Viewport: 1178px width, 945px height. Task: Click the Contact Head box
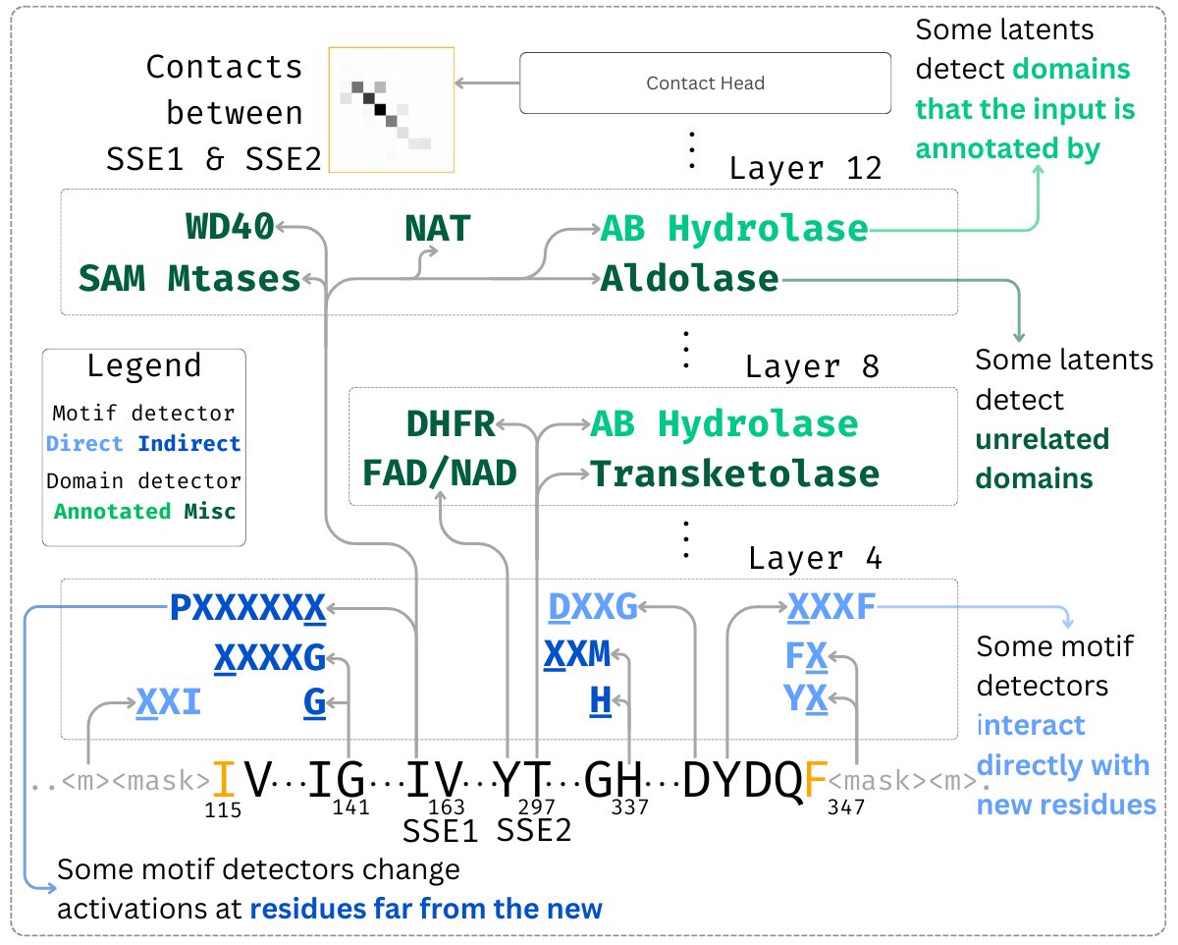tap(704, 83)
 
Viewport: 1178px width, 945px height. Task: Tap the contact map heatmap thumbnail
tap(392, 109)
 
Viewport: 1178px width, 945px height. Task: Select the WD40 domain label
tap(230, 229)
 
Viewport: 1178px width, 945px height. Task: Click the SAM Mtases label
tap(189, 279)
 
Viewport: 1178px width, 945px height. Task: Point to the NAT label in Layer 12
tap(438, 229)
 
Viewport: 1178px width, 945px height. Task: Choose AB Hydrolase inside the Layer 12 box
tap(734, 229)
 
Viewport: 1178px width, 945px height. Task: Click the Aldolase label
tap(689, 279)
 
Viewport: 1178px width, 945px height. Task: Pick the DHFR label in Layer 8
tap(451, 424)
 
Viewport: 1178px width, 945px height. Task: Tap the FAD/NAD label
tap(440, 473)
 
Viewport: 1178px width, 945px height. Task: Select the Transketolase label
tap(734, 473)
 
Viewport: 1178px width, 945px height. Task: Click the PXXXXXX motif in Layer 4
tap(247, 609)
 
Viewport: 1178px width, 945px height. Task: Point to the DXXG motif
tap(593, 609)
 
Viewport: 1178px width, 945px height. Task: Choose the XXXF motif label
tap(830, 609)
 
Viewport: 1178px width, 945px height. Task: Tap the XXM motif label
tap(577, 653)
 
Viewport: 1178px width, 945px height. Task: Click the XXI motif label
tap(169, 702)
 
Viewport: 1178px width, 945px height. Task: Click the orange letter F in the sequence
tap(815, 781)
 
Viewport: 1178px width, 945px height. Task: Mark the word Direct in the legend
tap(84, 444)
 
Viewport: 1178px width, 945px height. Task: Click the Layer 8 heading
tap(812, 367)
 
